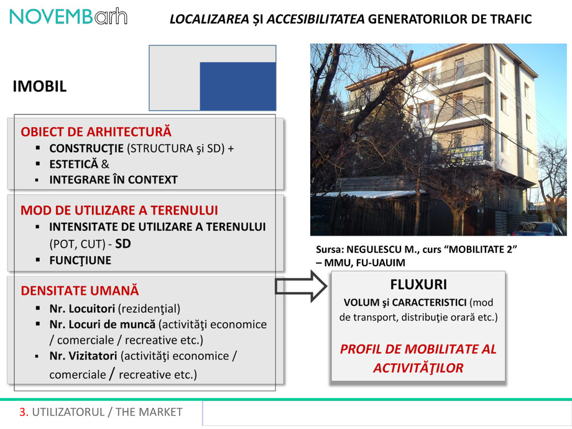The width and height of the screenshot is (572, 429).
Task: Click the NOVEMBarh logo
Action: tap(68, 17)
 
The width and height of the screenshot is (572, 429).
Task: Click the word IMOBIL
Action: tap(40, 86)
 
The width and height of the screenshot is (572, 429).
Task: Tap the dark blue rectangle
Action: tap(238, 86)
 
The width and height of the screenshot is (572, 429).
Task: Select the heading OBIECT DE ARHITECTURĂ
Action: tap(96, 132)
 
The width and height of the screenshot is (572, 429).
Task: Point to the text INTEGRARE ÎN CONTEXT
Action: tap(113, 180)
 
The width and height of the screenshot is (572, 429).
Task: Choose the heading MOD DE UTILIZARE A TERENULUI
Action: tap(119, 210)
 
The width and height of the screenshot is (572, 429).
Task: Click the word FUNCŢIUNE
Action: tap(80, 260)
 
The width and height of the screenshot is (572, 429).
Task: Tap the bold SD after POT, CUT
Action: tap(123, 244)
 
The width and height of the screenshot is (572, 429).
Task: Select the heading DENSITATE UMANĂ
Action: tap(80, 290)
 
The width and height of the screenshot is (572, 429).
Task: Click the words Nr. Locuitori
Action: tap(85, 308)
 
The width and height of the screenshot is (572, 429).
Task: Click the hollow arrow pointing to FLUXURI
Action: tap(300, 287)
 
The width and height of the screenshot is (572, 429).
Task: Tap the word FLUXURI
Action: tap(418, 285)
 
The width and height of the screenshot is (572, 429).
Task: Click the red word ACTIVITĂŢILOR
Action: tap(418, 367)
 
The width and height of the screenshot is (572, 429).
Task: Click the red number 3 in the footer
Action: tap(24, 412)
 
